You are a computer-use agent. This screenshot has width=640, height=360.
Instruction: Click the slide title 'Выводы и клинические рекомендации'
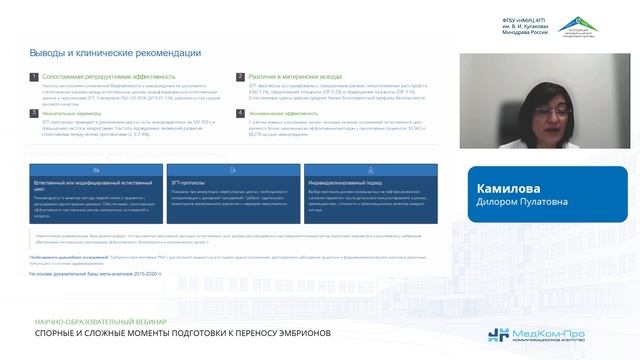pyautogui.click(x=114, y=52)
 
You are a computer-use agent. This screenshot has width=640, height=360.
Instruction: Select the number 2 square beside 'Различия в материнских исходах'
pyautogui.click(x=239, y=75)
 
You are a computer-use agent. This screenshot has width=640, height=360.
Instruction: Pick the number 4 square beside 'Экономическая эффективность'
pyautogui.click(x=239, y=113)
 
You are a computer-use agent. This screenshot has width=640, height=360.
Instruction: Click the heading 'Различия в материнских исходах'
pyautogui.click(x=290, y=75)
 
